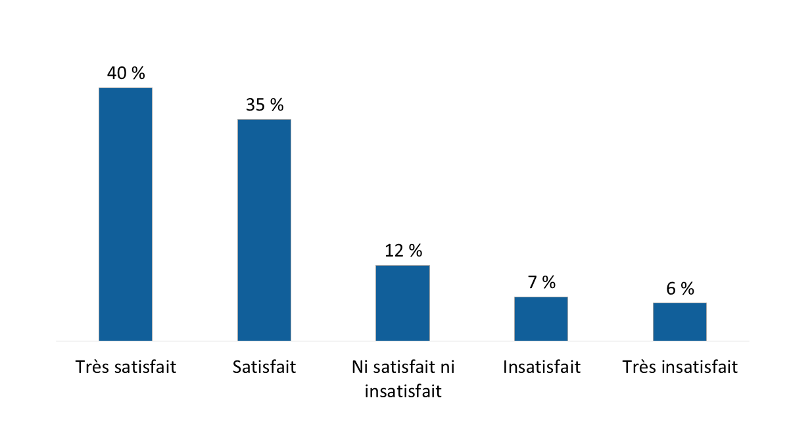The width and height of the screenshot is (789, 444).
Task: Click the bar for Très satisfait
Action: [126, 214]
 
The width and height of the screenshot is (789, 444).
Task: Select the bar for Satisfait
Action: [264, 230]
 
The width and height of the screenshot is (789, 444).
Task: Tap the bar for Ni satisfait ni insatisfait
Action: [402, 303]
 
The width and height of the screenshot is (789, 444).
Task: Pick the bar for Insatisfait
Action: [541, 318]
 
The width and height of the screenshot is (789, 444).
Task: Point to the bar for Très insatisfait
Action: [679, 322]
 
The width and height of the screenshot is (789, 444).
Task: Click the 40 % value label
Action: [126, 73]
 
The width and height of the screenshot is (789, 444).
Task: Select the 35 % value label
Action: [264, 105]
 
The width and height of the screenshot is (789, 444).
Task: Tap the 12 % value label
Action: [402, 251]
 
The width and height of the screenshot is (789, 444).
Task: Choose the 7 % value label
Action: [541, 282]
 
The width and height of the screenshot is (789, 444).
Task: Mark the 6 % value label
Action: [679, 288]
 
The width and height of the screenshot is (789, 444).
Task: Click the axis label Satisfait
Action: [264, 367]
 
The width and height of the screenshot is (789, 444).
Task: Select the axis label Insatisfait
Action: [541, 367]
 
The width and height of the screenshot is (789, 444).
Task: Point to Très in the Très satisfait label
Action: [92, 367]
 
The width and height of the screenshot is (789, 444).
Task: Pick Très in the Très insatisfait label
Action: [638, 367]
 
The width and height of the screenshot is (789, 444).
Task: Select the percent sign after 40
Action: [138, 73]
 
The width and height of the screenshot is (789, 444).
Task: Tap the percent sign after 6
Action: [687, 288]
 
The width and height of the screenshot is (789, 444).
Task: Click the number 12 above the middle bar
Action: [393, 251]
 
